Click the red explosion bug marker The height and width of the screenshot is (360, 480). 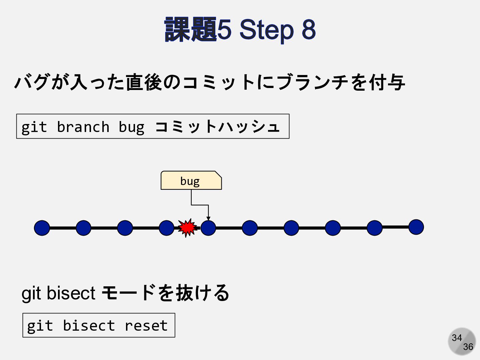(x=187, y=228)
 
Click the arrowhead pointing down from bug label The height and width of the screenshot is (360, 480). (x=208, y=218)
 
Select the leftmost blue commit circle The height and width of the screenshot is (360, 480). (x=42, y=228)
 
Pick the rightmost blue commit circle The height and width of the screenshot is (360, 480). (x=416, y=227)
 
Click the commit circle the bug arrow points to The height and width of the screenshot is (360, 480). (x=208, y=228)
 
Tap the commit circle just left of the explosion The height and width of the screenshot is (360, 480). (x=166, y=228)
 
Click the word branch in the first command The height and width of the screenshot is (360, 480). (x=83, y=127)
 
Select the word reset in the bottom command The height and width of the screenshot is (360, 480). (x=146, y=326)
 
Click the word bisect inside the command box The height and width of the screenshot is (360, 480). (x=89, y=326)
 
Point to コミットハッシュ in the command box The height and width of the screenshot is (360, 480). (x=217, y=127)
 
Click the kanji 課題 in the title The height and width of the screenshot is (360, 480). (x=190, y=29)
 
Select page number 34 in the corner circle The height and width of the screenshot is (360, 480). (x=457, y=338)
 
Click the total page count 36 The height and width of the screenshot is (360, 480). (x=468, y=347)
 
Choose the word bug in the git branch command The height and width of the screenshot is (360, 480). (x=131, y=127)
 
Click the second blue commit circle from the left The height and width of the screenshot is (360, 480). (x=83, y=228)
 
